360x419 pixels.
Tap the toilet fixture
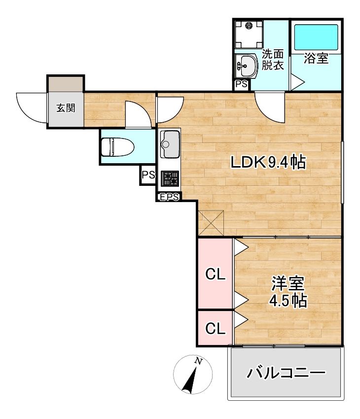coord(113,147)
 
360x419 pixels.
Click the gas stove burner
coord(171,178)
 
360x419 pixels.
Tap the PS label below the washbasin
coord(241,85)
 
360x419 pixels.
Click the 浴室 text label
coord(316,59)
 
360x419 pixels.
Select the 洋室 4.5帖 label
coord(288,292)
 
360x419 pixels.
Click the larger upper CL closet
coord(216,275)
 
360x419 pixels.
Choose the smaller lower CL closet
coord(216,328)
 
